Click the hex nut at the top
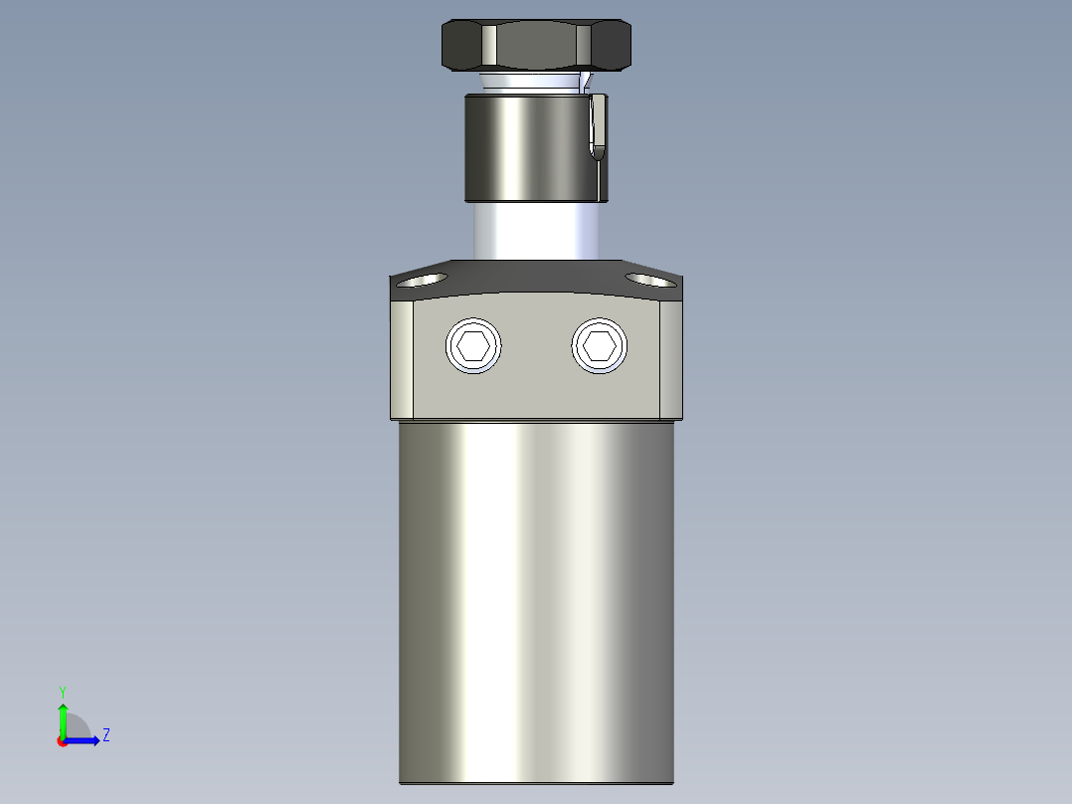click(x=535, y=46)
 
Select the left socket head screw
click(x=473, y=346)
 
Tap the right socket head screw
click(x=600, y=346)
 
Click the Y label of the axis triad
click(x=62, y=691)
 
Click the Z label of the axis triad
click(x=105, y=735)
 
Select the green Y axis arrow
click(x=62, y=716)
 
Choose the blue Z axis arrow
click(x=84, y=740)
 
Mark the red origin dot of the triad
click(x=62, y=741)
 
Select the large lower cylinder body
click(x=535, y=597)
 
